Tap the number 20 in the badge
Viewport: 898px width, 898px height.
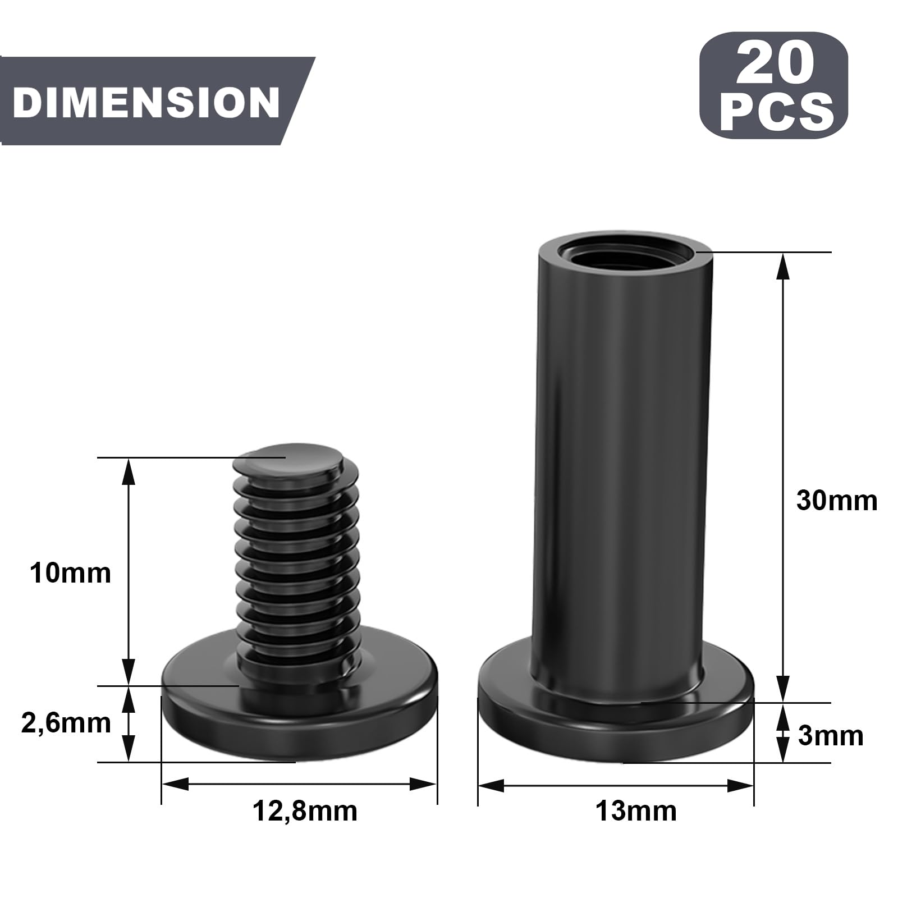coord(775,63)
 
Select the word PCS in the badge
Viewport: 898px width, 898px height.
coord(776,112)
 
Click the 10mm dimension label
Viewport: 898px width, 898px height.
coord(70,574)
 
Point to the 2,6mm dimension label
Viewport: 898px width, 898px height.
coord(66,723)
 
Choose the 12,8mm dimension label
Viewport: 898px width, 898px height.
coord(305,811)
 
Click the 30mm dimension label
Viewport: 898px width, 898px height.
coord(837,500)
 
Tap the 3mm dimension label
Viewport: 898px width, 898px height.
coord(831,736)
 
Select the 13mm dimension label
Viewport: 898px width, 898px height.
coord(636,811)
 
